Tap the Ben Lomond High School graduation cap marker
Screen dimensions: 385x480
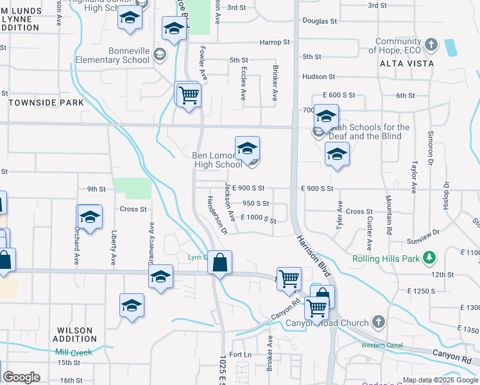coord(247,150)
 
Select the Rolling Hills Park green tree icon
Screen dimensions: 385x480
coord(429,259)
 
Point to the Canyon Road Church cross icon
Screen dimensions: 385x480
coord(379,322)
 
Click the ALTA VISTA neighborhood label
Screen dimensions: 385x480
coord(406,64)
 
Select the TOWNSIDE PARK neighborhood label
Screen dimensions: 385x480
coord(46,103)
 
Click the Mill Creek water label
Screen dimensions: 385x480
coord(74,352)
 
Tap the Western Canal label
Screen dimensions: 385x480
coord(381,345)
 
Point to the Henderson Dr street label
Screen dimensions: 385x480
coord(217,215)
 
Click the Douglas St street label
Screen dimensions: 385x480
coord(320,21)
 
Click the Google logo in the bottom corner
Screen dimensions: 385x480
coord(21,377)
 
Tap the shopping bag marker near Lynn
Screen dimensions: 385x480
coord(219,263)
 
